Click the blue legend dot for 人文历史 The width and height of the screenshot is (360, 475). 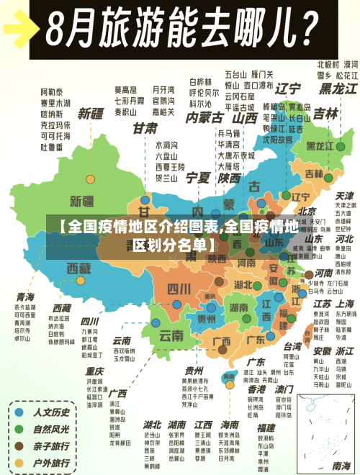(x=19, y=413)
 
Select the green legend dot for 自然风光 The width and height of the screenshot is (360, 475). (x=19, y=429)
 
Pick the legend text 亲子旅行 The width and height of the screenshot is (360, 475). (x=53, y=445)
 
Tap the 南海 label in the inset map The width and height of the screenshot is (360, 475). (x=228, y=376)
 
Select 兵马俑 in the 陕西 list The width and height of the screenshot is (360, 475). (x=228, y=133)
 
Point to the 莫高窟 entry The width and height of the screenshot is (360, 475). (x=126, y=90)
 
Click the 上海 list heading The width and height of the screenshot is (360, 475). (x=344, y=304)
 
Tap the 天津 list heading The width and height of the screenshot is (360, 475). (x=344, y=195)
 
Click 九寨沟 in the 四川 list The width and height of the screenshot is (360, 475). (x=89, y=332)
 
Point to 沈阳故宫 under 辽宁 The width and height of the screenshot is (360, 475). (x=278, y=141)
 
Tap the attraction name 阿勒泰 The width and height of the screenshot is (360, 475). (x=52, y=92)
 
